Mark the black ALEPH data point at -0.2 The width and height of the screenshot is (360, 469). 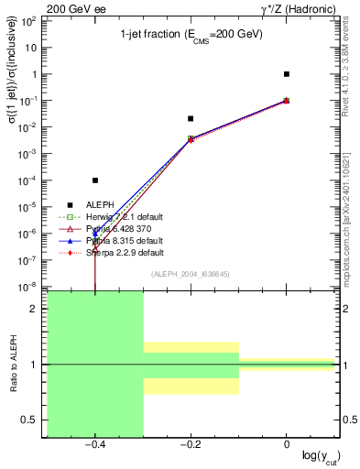(191, 118)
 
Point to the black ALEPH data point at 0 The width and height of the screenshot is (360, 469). (287, 74)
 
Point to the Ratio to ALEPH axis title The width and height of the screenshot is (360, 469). (16, 364)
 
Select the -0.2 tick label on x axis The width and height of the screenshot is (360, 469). (190, 444)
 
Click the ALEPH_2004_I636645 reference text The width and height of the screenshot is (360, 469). (191, 274)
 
